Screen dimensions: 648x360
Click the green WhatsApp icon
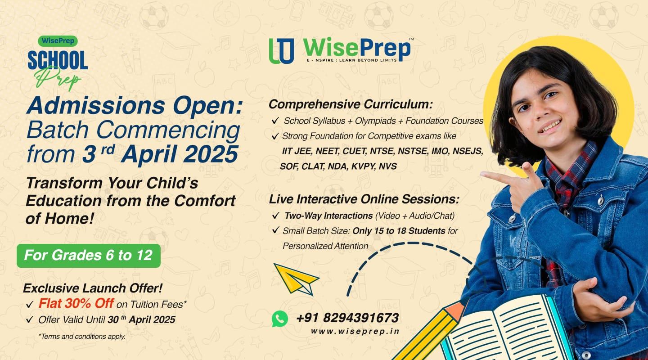(x=280, y=319)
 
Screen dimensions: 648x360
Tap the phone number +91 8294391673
(x=347, y=318)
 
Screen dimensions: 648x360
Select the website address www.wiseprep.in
(x=355, y=331)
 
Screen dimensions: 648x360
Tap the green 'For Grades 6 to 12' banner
(x=89, y=256)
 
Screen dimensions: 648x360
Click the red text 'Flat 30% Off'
(x=76, y=303)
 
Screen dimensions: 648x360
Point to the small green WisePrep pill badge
(x=58, y=41)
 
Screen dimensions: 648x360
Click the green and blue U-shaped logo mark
(x=282, y=51)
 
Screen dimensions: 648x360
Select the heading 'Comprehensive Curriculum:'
(x=351, y=105)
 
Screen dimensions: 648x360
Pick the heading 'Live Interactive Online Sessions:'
(x=364, y=199)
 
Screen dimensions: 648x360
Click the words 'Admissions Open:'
(x=135, y=106)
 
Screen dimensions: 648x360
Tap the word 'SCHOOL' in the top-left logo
(x=58, y=60)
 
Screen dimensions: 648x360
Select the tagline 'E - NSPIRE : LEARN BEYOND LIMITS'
(x=352, y=60)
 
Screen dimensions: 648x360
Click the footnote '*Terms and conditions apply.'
(x=82, y=337)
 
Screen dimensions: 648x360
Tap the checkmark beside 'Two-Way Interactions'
(x=276, y=215)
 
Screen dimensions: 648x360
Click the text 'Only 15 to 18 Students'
(x=399, y=231)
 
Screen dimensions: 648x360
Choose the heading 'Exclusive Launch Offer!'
(x=93, y=288)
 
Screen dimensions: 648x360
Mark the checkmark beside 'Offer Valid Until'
(x=30, y=319)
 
